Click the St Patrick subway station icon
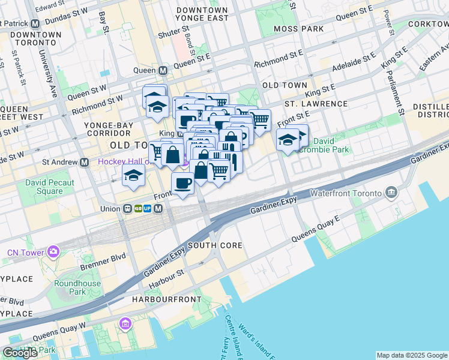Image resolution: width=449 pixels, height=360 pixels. click(35, 23)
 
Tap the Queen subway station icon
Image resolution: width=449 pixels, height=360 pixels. click(163, 70)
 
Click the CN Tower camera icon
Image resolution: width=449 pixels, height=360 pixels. click(54, 252)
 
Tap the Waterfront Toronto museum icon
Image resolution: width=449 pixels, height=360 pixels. click(391, 193)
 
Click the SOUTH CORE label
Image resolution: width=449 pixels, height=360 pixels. click(215, 245)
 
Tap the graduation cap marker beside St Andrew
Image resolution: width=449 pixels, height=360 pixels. click(133, 175)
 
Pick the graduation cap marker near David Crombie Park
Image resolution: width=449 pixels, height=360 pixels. click(288, 140)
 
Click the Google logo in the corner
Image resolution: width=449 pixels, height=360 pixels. click(20, 353)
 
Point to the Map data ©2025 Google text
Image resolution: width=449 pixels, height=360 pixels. click(412, 355)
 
